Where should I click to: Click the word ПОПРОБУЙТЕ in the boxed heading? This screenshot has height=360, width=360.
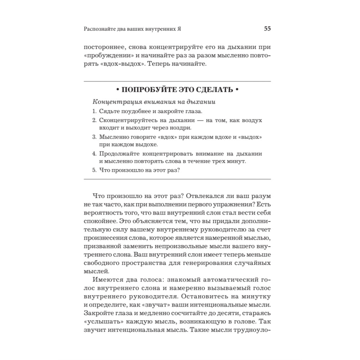[143, 89]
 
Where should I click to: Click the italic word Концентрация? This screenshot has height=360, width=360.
[116, 102]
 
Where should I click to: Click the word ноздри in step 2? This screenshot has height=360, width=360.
[181, 128]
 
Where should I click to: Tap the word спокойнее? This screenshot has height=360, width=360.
[101, 220]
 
